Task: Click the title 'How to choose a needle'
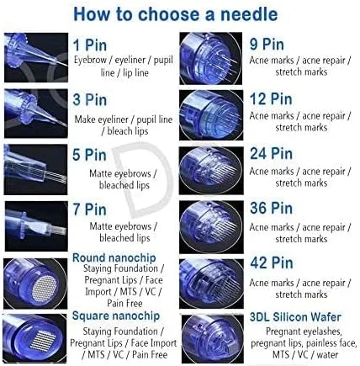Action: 176,14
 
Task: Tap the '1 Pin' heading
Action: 90,45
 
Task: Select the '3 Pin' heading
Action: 90,100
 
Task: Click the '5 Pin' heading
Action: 89,155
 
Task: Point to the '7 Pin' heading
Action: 90,210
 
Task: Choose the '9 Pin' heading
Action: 267,45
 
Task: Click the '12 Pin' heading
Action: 271,99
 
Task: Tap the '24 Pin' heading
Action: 271,154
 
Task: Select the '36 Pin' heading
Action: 271,208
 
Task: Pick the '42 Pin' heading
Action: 272,263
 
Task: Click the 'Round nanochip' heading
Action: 114,257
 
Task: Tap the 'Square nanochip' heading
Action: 116,316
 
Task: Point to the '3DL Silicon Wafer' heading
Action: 295,317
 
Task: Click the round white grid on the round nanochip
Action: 45,287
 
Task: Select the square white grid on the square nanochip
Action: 42,341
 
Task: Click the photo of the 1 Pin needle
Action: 36,58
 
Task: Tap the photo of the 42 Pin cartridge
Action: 211,284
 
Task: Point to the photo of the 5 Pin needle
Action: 35,169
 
